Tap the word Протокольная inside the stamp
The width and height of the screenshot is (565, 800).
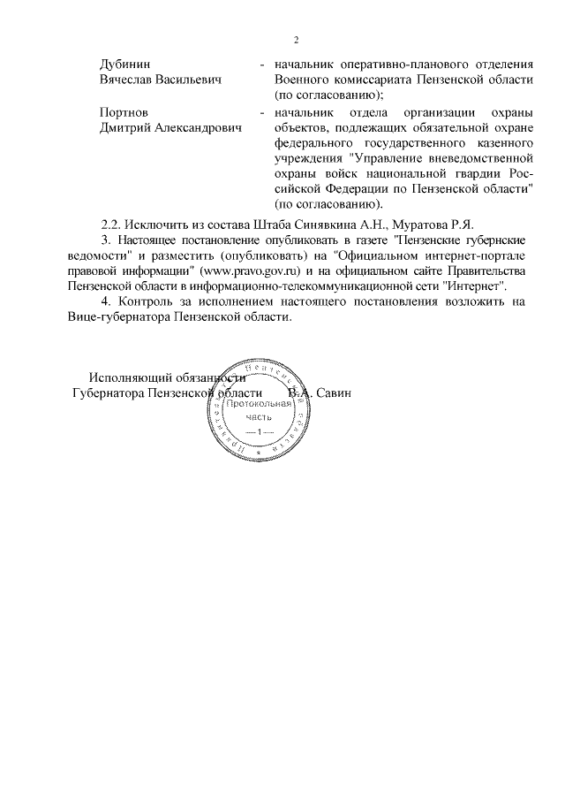[260, 403]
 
